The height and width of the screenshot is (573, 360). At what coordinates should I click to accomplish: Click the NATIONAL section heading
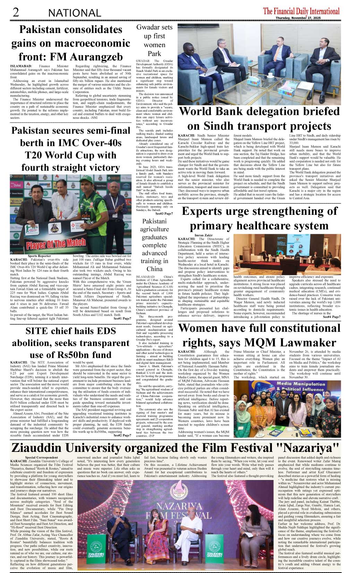pyautogui.click(x=75, y=13)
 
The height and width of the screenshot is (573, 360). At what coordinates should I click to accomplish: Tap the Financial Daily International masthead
pyautogui.click(x=301, y=11)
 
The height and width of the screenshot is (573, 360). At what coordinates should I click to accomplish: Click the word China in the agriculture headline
pyautogui.click(x=154, y=269)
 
